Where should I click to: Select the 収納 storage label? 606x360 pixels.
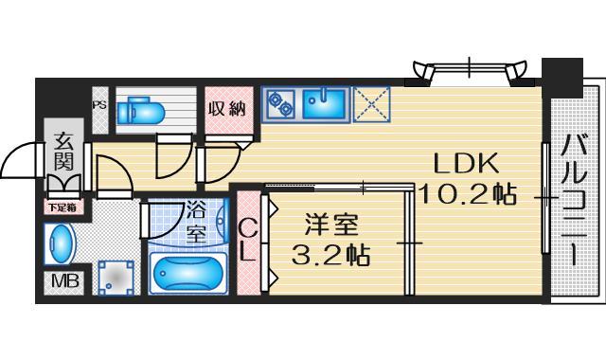(226, 108)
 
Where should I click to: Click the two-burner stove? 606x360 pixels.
(280, 104)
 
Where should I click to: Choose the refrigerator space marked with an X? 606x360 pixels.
(371, 103)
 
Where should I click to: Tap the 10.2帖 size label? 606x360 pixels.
(467, 195)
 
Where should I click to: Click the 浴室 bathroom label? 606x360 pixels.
(195, 223)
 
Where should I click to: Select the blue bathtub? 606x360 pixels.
(187, 275)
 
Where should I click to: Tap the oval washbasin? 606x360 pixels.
(59, 244)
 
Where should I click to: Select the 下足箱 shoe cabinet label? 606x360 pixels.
(63, 206)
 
